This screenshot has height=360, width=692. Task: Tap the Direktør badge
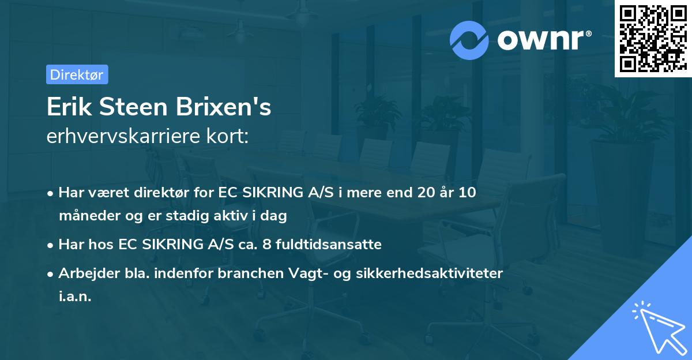click(x=77, y=74)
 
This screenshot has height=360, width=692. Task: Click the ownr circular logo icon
click(x=469, y=40)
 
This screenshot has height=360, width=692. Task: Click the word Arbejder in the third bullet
click(x=84, y=273)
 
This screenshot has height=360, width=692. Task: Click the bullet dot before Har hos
click(x=51, y=245)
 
